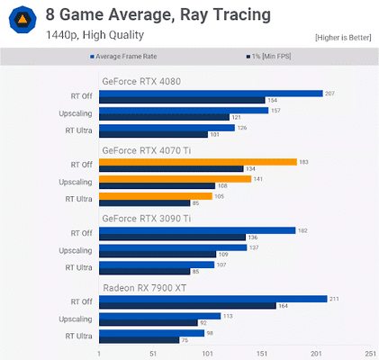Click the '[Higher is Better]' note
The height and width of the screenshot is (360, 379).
point(342,37)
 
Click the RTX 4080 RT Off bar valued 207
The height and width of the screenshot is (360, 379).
point(210,93)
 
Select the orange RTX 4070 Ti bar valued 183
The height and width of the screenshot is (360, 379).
point(197,162)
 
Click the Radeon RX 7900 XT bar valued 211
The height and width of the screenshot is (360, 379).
point(212,300)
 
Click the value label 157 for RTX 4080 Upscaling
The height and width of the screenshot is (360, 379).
point(276,111)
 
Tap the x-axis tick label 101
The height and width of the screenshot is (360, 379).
point(207,353)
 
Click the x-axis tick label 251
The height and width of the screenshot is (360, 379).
point(370,353)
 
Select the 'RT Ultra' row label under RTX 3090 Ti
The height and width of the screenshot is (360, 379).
point(78,267)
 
